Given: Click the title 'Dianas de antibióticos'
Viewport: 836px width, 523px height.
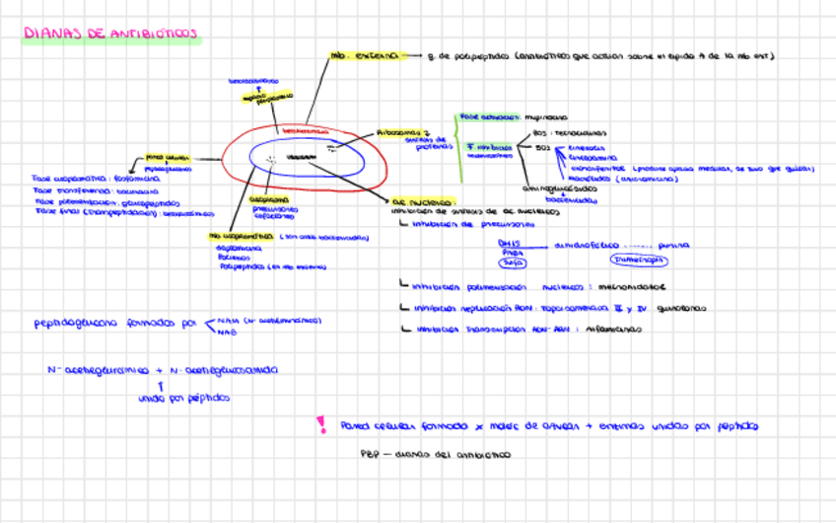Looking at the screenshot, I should pos(110,35).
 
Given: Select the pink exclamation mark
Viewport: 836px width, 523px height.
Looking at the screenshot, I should pos(320,424).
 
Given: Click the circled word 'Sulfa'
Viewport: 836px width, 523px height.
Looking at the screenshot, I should pos(512,262).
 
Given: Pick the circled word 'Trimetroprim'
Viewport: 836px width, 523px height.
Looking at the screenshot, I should pos(638,261).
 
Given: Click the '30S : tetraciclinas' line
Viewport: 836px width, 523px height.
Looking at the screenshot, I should pos(570,131).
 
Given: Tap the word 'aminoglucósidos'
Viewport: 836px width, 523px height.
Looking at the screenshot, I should pos(559,187).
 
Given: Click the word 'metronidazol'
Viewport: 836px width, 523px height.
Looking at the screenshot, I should pos(624,287).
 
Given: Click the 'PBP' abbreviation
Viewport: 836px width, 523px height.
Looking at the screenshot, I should pos(369,455).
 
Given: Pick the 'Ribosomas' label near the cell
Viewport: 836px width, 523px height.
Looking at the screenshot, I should pos(402,131).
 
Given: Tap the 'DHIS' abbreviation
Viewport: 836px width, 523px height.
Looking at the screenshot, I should pos(509,243).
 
